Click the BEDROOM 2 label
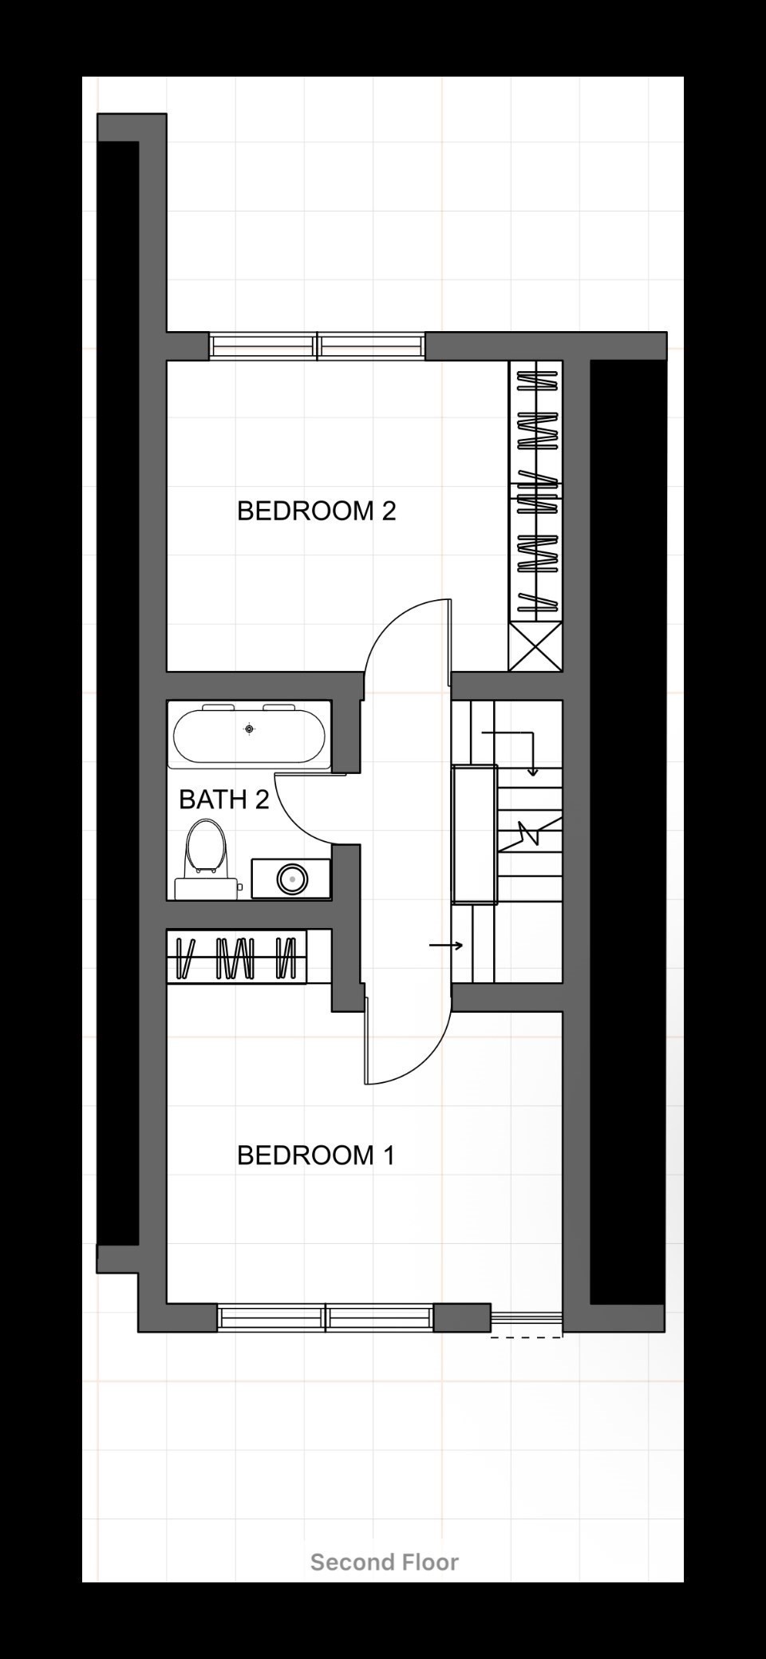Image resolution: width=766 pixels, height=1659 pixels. coord(317,511)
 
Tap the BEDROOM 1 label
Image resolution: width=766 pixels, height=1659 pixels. coord(317,1155)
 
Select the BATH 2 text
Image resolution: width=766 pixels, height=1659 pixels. coord(224,799)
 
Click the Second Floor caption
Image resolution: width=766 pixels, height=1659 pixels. coord(385,1562)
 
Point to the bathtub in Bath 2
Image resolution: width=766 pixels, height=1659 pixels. coord(250,736)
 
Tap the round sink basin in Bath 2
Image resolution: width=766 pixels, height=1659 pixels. coord(292,879)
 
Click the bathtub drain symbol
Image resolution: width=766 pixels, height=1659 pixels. coord(250,729)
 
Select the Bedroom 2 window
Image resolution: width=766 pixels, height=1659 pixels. coord(317,346)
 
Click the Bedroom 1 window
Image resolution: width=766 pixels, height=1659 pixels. coord(326,1317)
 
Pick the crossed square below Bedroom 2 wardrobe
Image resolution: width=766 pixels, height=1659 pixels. coord(535,646)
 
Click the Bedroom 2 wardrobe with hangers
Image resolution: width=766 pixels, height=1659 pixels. coord(535,491)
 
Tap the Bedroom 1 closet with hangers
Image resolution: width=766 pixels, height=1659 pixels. coord(237,957)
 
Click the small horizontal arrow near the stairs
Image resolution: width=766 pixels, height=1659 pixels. coord(446,946)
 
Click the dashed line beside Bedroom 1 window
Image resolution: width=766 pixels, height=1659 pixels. coord(527,1337)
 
